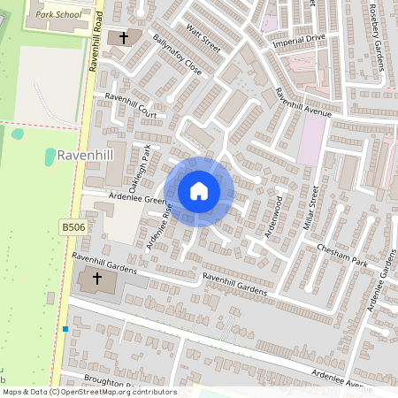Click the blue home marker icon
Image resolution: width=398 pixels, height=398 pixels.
(199, 190)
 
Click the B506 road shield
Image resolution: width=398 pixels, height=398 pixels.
(73, 227)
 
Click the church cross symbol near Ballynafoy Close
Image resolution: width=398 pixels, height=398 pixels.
(123, 38)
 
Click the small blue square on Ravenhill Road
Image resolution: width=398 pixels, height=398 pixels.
(65, 329)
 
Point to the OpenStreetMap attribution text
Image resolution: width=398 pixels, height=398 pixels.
(88, 392)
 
